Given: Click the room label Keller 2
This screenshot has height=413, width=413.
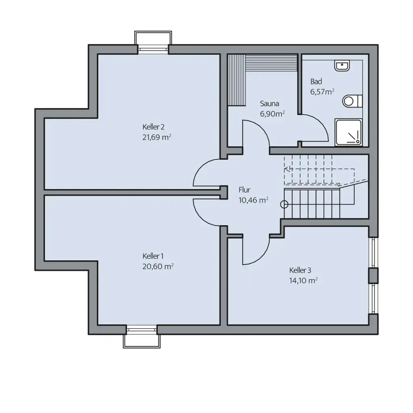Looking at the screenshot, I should [153, 125].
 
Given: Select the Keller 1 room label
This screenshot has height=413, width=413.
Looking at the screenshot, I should [153, 256].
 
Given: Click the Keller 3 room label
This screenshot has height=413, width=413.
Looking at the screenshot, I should [300, 270].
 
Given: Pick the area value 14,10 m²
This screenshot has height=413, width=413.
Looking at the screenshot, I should [303, 281].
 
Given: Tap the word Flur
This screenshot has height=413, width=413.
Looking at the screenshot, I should [244, 189].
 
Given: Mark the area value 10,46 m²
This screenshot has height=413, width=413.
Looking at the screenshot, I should [254, 200].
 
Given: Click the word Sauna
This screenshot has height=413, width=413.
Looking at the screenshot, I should [269, 103].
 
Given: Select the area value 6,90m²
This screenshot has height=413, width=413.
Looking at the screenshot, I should [273, 114].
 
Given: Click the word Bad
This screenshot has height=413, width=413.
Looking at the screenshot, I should [316, 81].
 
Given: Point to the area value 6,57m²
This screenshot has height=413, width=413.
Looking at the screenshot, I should [322, 92].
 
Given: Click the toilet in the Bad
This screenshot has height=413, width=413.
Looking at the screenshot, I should [352, 101].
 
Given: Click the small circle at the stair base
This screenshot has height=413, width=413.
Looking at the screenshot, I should [284, 204].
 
